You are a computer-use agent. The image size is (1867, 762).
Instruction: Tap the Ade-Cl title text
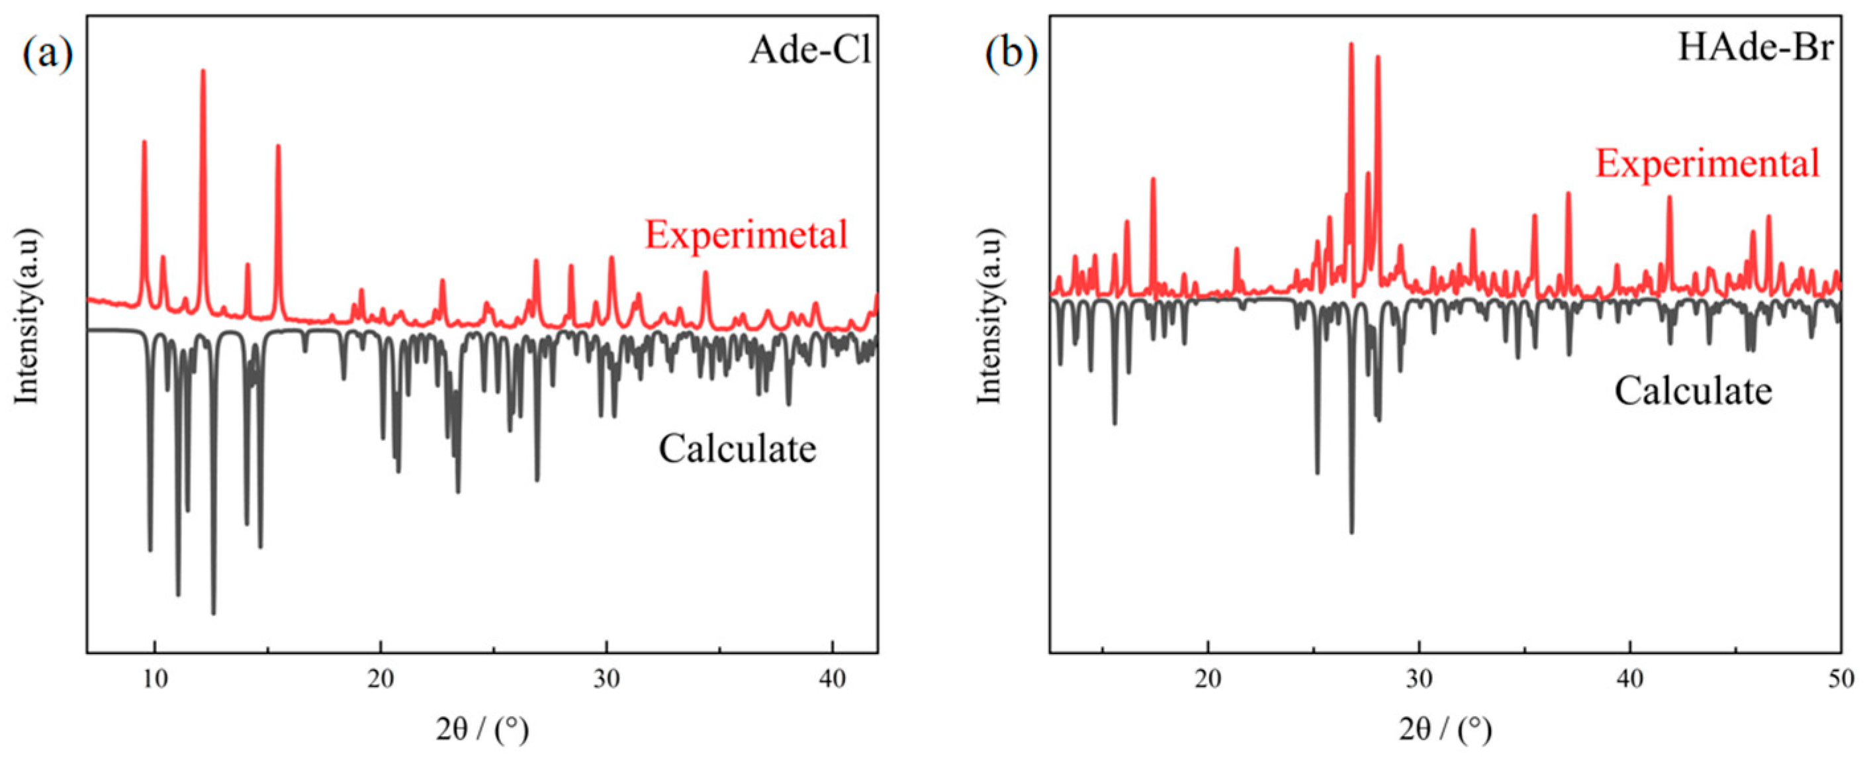pyautogui.click(x=809, y=51)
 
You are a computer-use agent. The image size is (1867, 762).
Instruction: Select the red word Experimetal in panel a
pyautogui.click(x=746, y=235)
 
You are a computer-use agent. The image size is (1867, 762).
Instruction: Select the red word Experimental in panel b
pyautogui.click(x=1707, y=163)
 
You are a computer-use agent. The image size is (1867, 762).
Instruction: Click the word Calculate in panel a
pyautogui.click(x=737, y=449)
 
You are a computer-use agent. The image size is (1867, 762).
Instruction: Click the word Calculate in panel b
pyautogui.click(x=1693, y=391)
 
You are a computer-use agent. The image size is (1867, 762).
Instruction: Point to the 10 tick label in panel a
pyautogui.click(x=154, y=679)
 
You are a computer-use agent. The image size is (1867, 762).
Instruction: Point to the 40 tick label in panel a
pyautogui.click(x=832, y=679)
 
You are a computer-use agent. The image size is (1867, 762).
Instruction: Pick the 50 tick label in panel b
pyautogui.click(x=1839, y=679)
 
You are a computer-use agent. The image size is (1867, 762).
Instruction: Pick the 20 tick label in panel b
pyautogui.click(x=1207, y=679)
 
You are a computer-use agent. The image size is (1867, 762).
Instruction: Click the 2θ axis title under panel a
pyautogui.click(x=482, y=730)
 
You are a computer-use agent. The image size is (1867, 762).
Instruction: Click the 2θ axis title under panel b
pyautogui.click(x=1445, y=730)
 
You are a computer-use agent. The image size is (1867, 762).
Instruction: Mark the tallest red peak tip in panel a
pyautogui.click(x=203, y=71)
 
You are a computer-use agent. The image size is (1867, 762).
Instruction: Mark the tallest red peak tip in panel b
pyautogui.click(x=1351, y=44)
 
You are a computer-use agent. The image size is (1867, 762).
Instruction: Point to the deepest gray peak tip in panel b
pyautogui.click(x=1351, y=533)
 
